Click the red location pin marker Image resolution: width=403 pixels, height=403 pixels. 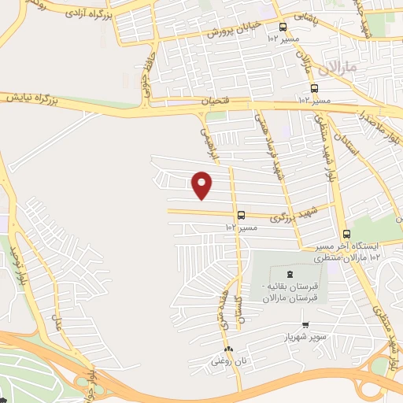tap(202, 185)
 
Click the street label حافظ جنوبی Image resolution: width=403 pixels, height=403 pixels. tap(146, 83)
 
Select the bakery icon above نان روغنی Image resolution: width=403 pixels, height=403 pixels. tap(228, 349)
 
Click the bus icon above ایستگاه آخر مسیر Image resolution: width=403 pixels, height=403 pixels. tap(346, 234)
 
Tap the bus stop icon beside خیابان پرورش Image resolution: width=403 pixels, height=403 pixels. tap(283, 27)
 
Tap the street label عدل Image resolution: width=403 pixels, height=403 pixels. tap(55, 320)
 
